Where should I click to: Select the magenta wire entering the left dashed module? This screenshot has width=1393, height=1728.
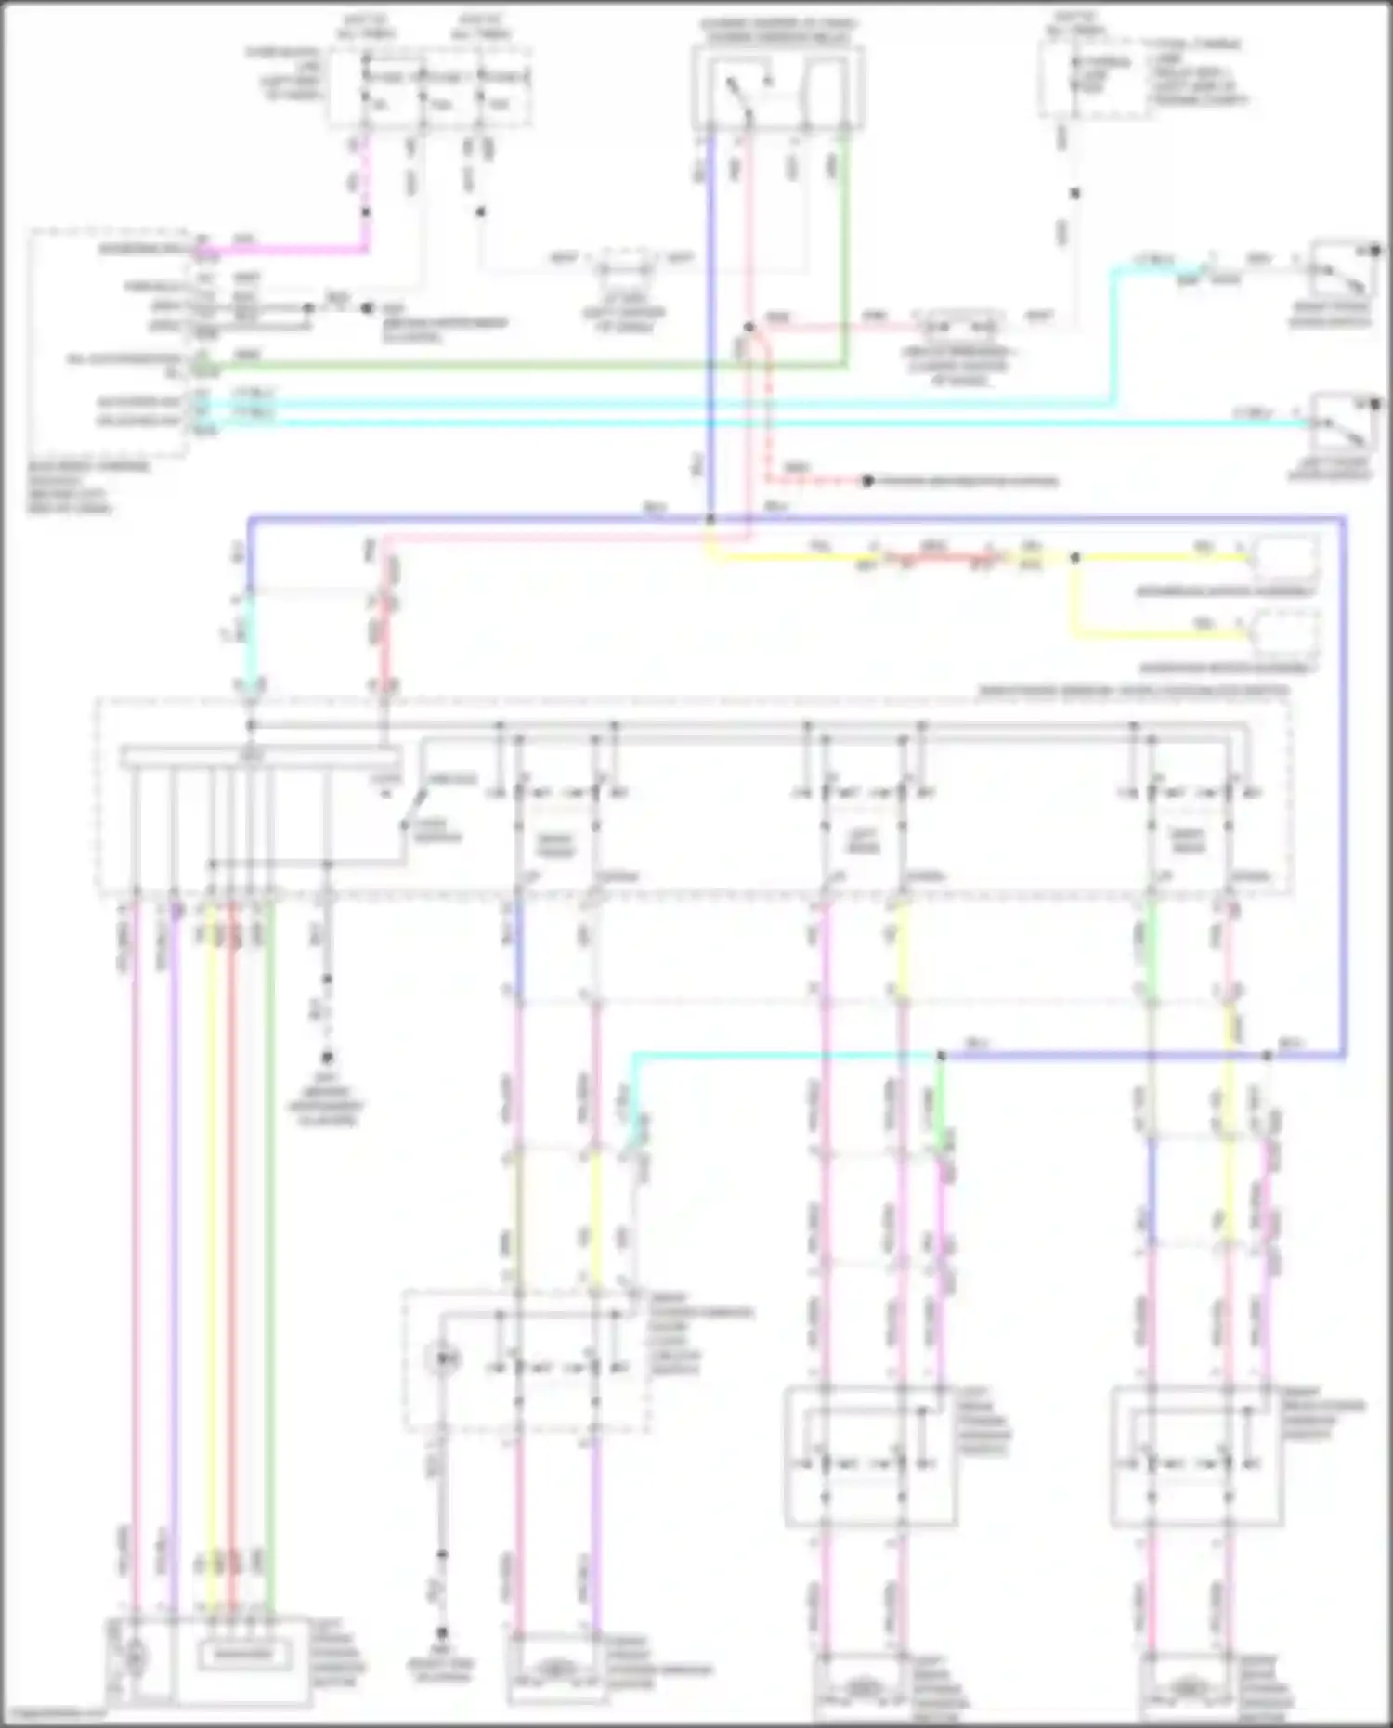[x=279, y=250]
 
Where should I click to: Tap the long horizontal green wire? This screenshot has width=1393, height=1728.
[x=520, y=365]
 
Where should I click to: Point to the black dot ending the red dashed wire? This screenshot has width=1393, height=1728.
[x=867, y=481]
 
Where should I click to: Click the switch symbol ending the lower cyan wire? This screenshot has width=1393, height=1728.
[x=1340, y=422]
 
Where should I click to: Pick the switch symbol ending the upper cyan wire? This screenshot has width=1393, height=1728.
[x=1340, y=270]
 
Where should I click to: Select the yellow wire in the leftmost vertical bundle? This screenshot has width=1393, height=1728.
[x=212, y=1207]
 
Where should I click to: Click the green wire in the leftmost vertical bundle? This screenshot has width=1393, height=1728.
[x=269, y=1207]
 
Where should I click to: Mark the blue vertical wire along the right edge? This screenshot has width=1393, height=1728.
[x=1343, y=789]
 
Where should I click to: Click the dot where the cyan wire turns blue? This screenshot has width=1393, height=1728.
[x=941, y=1056]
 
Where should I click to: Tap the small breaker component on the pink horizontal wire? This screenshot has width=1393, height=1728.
[x=959, y=328]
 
